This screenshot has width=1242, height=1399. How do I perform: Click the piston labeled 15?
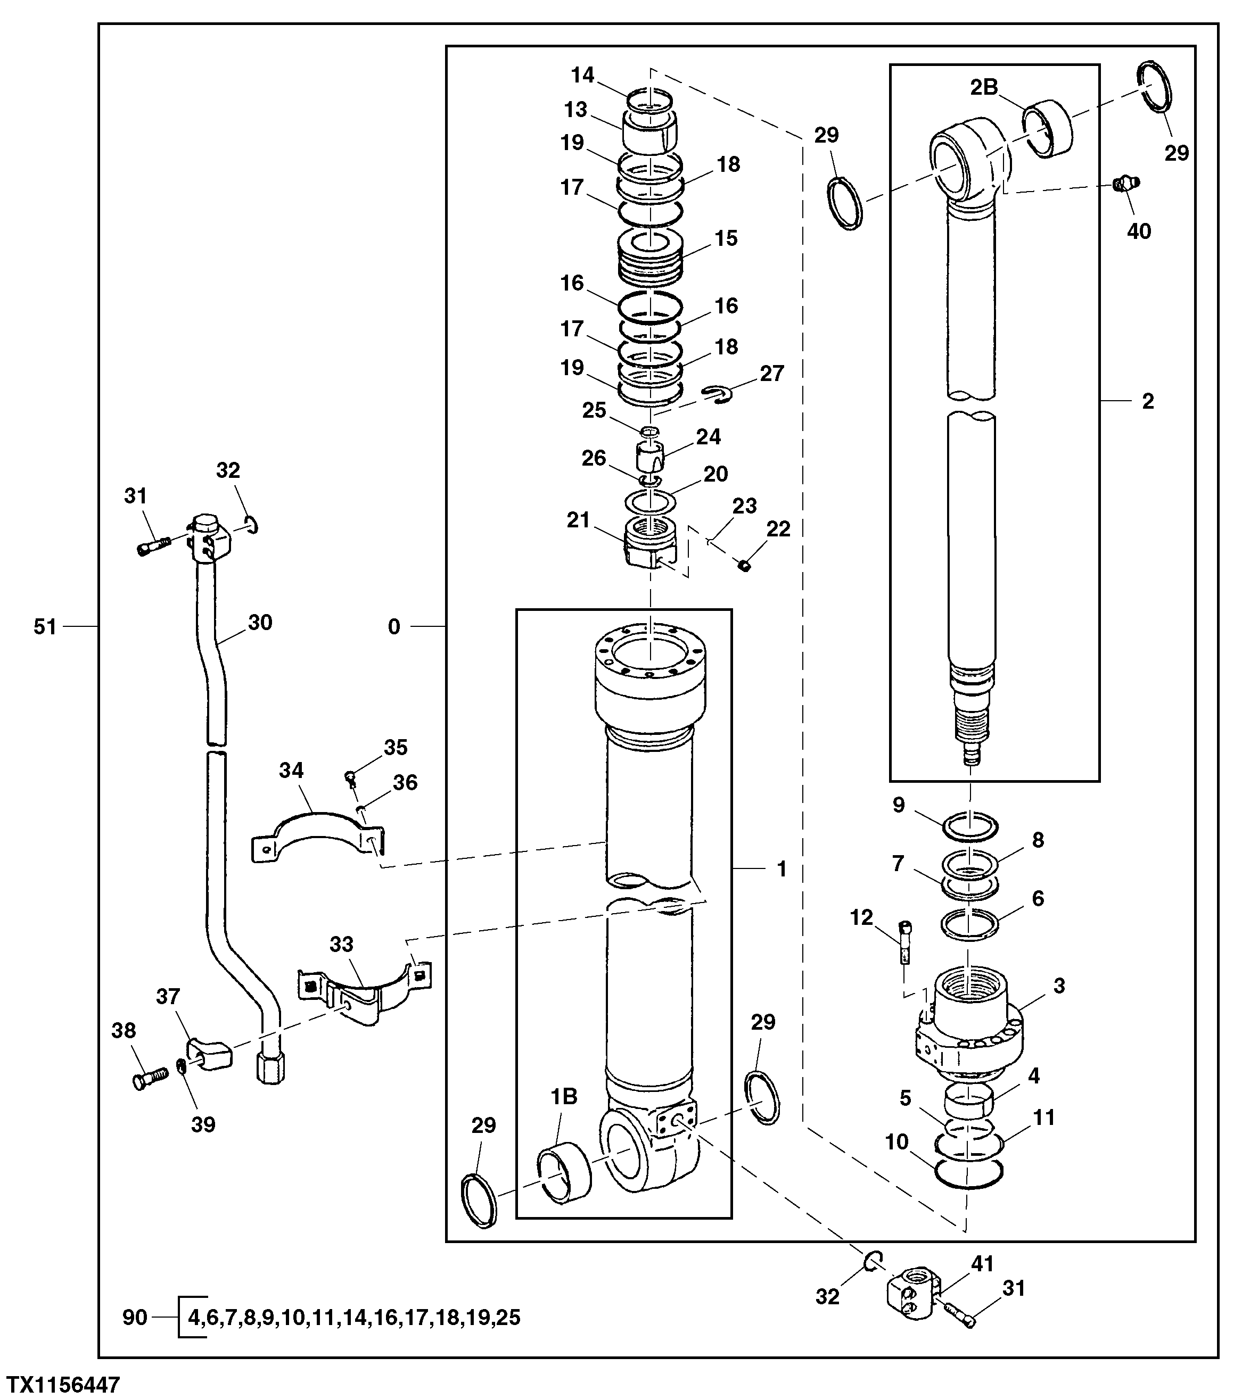click(650, 258)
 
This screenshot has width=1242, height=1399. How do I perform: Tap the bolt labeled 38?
click(149, 1079)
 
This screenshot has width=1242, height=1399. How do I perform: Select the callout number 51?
click(45, 626)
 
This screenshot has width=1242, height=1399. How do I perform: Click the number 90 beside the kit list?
click(135, 1317)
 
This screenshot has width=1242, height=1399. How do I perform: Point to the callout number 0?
click(394, 626)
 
